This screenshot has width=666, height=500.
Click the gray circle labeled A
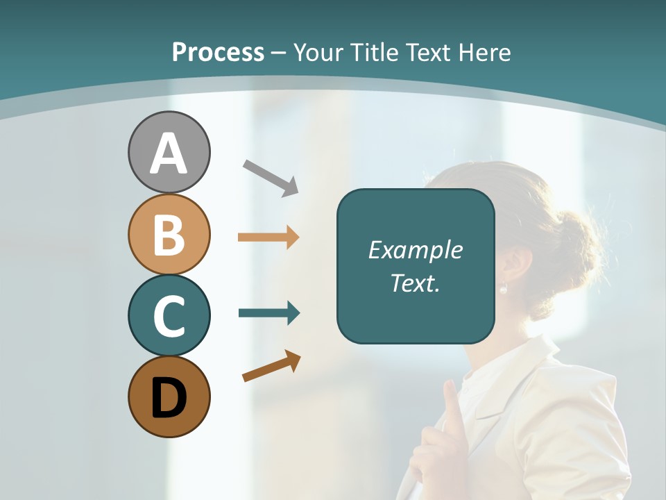click(x=169, y=152)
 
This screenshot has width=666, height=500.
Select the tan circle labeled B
click(x=169, y=234)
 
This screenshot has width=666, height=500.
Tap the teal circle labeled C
click(x=169, y=315)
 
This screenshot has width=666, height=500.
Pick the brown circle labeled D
click(x=169, y=397)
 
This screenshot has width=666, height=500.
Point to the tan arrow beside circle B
click(x=268, y=237)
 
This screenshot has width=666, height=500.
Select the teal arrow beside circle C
click(x=269, y=313)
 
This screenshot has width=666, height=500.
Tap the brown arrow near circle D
click(x=271, y=366)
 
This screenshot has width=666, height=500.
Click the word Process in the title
click(x=218, y=52)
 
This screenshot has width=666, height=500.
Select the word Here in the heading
click(x=485, y=53)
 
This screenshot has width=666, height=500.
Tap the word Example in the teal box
click(x=415, y=250)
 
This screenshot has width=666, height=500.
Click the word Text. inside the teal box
click(x=415, y=283)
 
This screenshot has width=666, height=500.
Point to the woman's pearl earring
click(x=504, y=288)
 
